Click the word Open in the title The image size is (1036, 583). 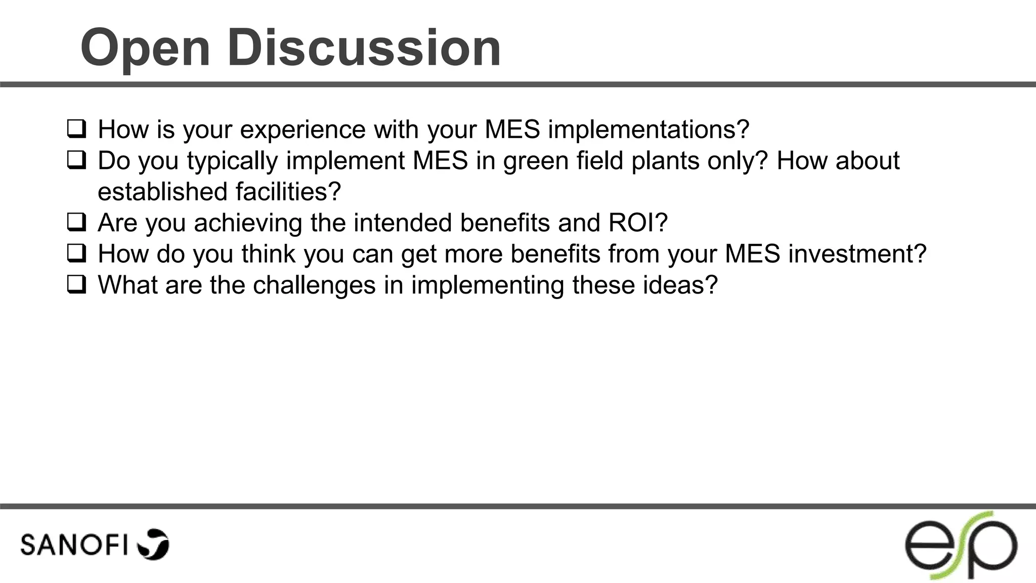click(x=145, y=49)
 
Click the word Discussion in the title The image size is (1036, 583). click(x=364, y=48)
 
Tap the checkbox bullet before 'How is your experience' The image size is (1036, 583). click(x=76, y=129)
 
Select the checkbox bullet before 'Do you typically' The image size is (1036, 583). click(x=76, y=160)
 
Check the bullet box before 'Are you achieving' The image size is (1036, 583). click(x=76, y=223)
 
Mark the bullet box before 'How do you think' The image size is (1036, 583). click(x=76, y=254)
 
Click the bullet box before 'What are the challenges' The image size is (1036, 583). click(x=76, y=285)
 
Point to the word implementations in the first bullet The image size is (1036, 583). click(x=648, y=130)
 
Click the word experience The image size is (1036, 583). click(x=303, y=130)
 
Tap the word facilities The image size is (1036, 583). click(x=288, y=192)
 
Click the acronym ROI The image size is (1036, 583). click(x=637, y=223)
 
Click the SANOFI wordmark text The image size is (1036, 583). click(x=74, y=545)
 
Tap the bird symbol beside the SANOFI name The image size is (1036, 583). click(x=153, y=545)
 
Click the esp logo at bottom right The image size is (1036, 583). click(x=961, y=546)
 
